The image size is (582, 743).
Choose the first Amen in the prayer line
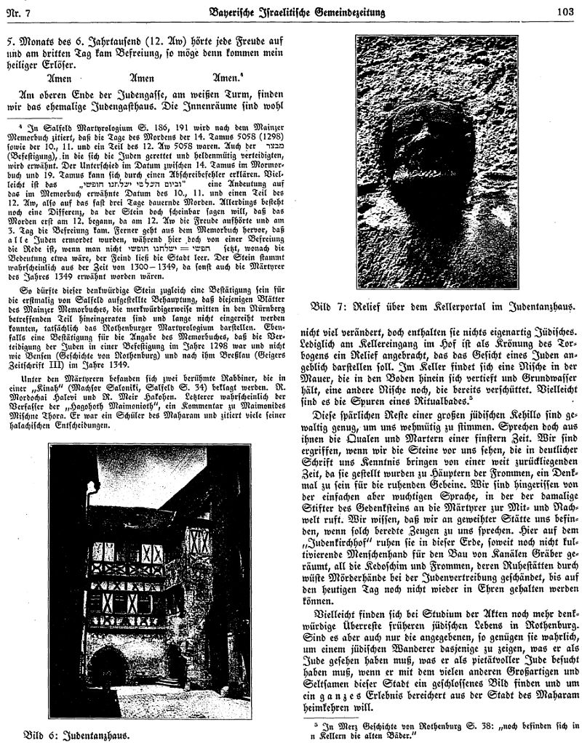click(x=61, y=79)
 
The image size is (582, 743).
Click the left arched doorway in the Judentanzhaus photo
click(x=109, y=663)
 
